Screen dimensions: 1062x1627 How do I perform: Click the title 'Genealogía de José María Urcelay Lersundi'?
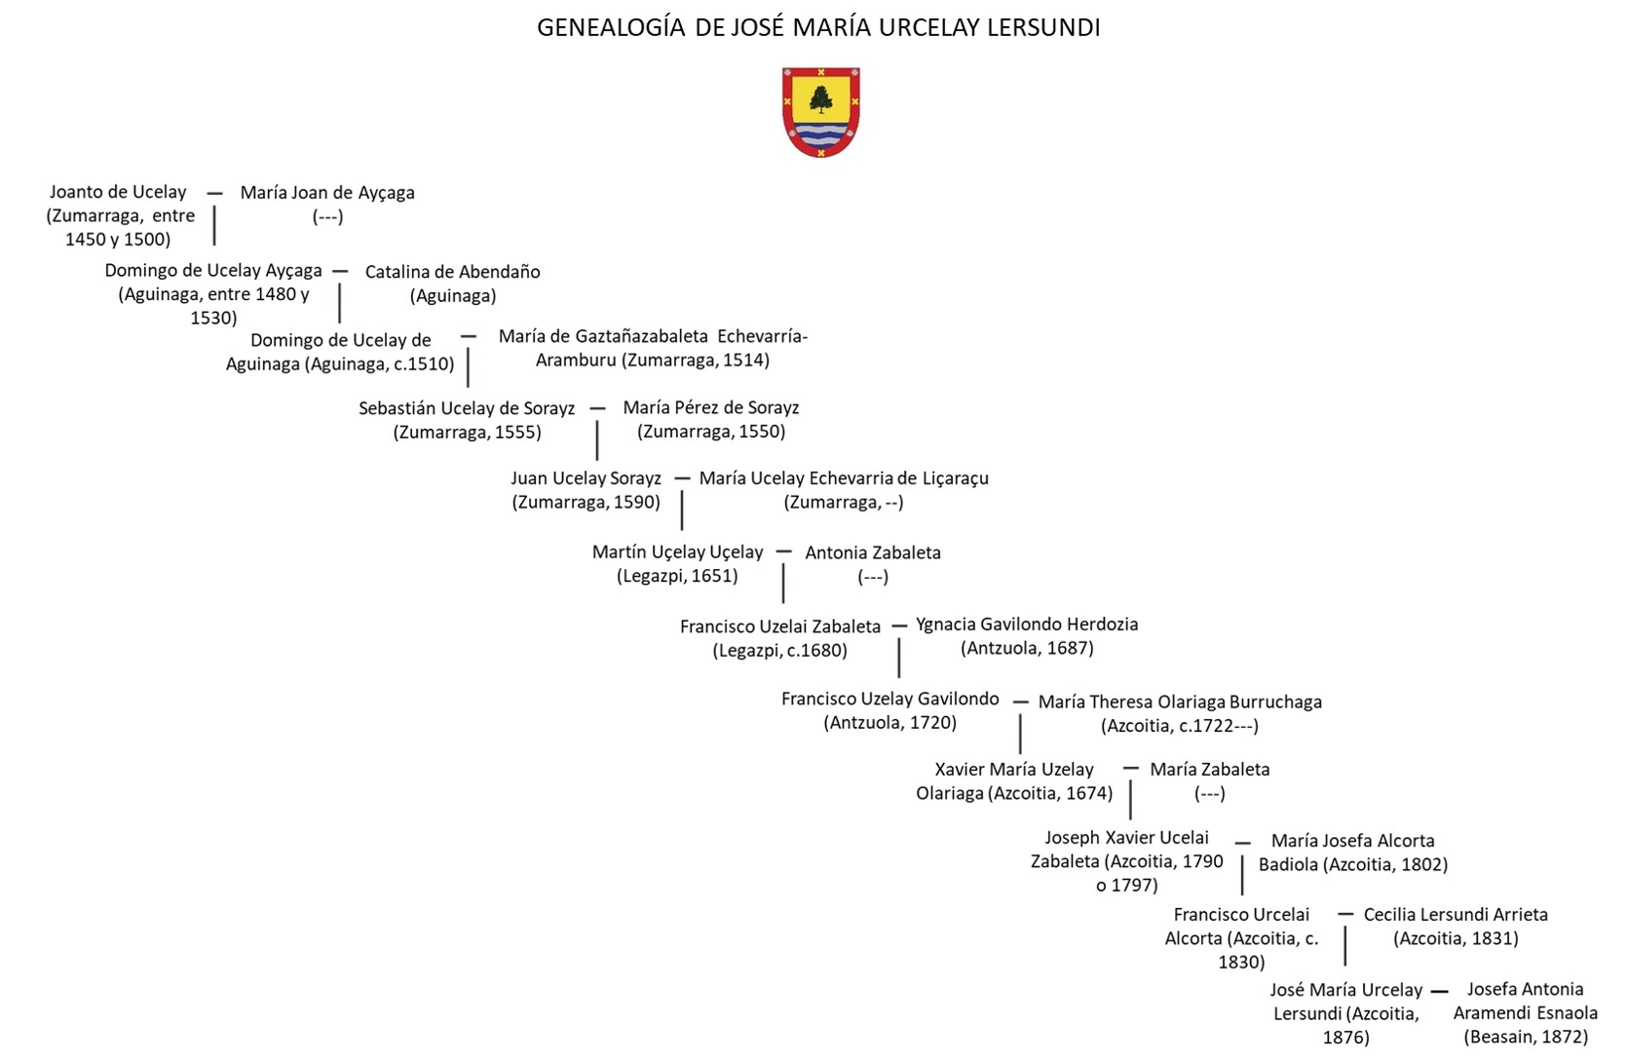[x=818, y=27]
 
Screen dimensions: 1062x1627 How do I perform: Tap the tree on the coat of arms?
[x=821, y=99]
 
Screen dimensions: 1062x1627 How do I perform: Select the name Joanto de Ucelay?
[x=118, y=192]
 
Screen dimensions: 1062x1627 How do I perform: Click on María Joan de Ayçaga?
[x=327, y=193]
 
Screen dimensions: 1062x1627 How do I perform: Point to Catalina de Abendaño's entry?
[x=452, y=272]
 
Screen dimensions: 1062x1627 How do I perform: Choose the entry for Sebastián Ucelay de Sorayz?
[x=467, y=408]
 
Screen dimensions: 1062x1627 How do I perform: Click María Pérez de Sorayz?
[x=711, y=407]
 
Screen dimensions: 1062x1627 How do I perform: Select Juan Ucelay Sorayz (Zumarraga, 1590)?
[x=586, y=478]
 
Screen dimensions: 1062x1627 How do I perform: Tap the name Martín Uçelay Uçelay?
[x=678, y=552]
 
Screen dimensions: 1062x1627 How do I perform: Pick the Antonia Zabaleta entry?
[x=873, y=552]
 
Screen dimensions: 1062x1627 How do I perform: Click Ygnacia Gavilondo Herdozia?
[x=1027, y=625]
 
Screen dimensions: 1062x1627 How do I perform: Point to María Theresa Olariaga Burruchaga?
[x=1180, y=702]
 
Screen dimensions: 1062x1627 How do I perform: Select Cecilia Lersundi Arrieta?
[x=1456, y=915]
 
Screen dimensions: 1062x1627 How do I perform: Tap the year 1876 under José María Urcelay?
[x=1345, y=1038]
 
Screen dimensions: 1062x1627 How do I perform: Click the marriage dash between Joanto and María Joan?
[x=214, y=193]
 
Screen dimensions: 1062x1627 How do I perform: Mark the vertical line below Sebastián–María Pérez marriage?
[x=597, y=440]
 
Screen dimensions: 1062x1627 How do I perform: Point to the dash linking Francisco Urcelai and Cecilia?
[x=1345, y=914]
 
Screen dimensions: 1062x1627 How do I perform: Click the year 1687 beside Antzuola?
[x=1070, y=648]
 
